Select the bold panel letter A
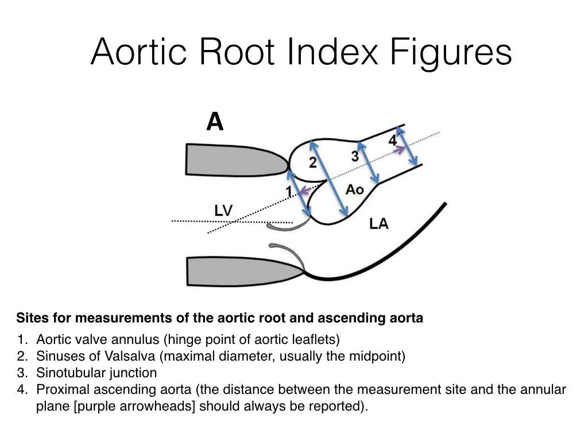[215, 122]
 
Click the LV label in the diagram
[223, 211]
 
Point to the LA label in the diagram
[379, 224]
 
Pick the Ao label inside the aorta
[354, 189]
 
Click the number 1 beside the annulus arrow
[289, 191]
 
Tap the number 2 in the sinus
[312, 163]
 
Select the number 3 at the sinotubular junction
[355, 156]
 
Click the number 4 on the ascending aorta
[392, 140]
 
